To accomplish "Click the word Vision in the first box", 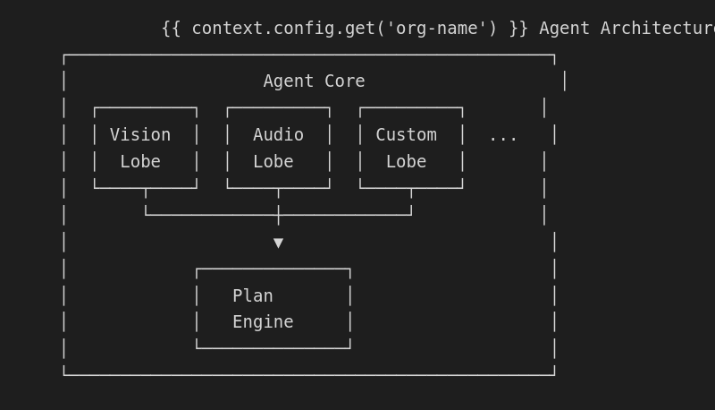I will [x=139, y=135].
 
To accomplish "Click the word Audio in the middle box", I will [x=278, y=135].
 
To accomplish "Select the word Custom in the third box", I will [x=406, y=135].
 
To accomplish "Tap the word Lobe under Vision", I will [x=140, y=162].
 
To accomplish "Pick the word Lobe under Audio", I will [x=273, y=162].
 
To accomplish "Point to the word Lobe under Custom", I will [x=406, y=162].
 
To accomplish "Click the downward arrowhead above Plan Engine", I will [x=278, y=243].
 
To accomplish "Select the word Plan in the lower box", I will [x=252, y=295].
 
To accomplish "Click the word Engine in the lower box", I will [x=263, y=322].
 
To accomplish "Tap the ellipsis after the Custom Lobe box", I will [x=503, y=136].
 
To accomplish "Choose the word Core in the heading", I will [x=344, y=81].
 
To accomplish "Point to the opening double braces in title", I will [x=171, y=29].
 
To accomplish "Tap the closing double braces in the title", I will [x=518, y=29].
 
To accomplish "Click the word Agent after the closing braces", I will [x=564, y=29].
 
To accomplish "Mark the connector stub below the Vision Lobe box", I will [x=146, y=201].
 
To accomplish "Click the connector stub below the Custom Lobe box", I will [x=411, y=201].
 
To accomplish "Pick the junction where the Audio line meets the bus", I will [x=278, y=215].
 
